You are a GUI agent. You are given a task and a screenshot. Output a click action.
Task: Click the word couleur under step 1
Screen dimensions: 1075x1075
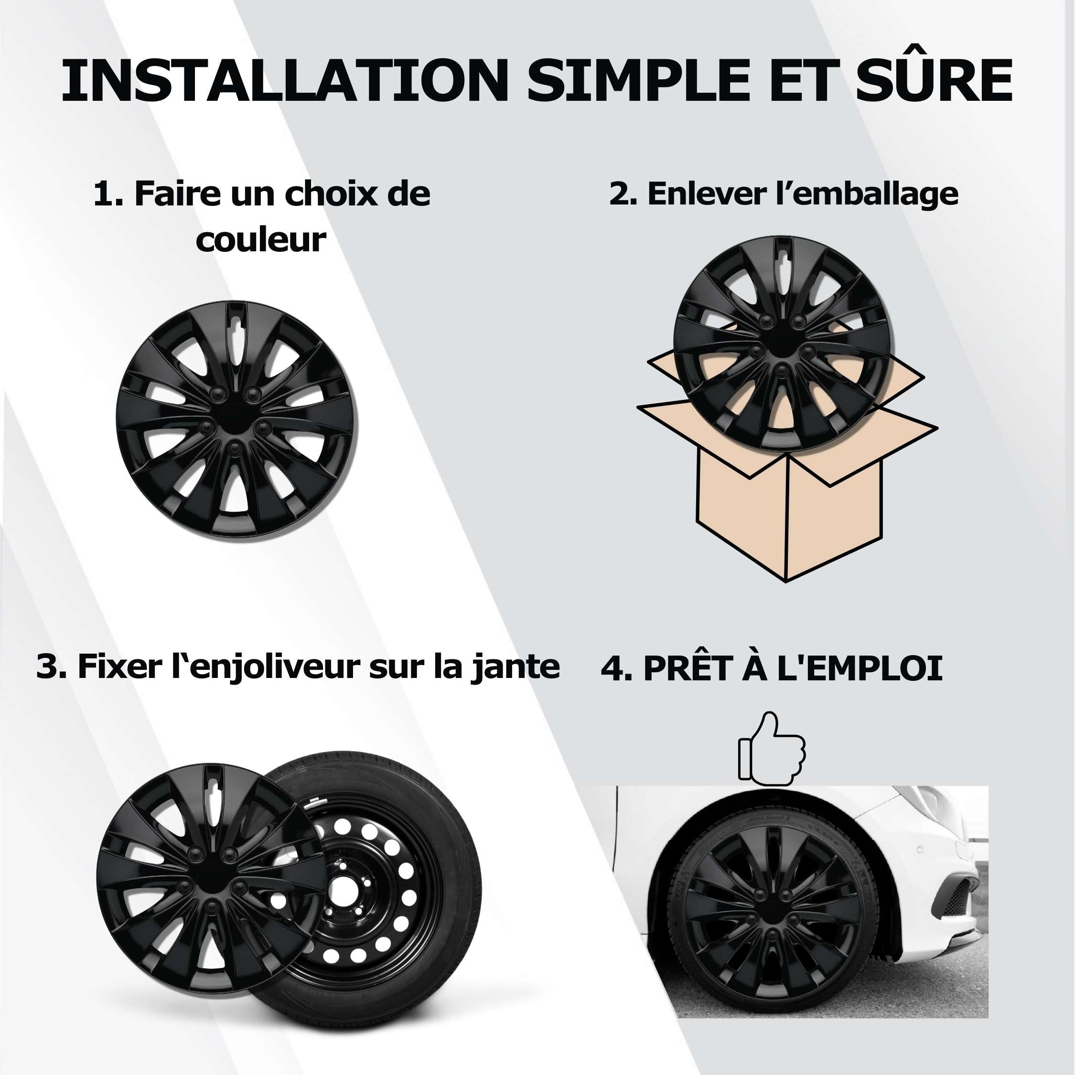coord(260,240)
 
